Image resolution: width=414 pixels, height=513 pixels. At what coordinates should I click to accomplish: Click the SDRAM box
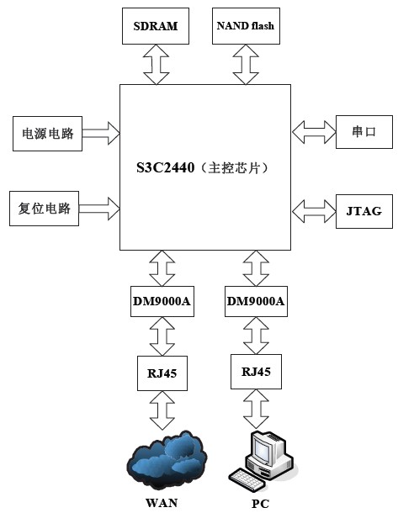pyautogui.click(x=156, y=26)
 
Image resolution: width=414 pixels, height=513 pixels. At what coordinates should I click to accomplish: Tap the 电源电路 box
pyautogui.click(x=47, y=133)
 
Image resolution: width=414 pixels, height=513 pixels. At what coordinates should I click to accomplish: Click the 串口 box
pyautogui.click(x=364, y=132)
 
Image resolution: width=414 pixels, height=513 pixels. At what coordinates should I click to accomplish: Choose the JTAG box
pyautogui.click(x=364, y=210)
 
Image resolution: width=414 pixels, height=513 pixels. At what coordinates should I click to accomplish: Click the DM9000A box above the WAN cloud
pyautogui.click(x=162, y=300)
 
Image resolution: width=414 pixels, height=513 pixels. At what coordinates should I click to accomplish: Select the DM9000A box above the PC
pyautogui.click(x=256, y=300)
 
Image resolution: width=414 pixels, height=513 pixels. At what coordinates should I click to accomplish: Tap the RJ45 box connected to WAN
pyautogui.click(x=162, y=371)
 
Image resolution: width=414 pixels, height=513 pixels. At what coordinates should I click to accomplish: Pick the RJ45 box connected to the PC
pyautogui.click(x=256, y=369)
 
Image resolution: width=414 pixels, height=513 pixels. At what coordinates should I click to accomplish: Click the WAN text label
pyautogui.click(x=162, y=502)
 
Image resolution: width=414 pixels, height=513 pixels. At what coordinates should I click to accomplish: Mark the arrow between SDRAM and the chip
pyautogui.click(x=156, y=65)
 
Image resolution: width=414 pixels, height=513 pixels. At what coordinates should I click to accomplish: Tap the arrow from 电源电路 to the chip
pyautogui.click(x=101, y=132)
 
